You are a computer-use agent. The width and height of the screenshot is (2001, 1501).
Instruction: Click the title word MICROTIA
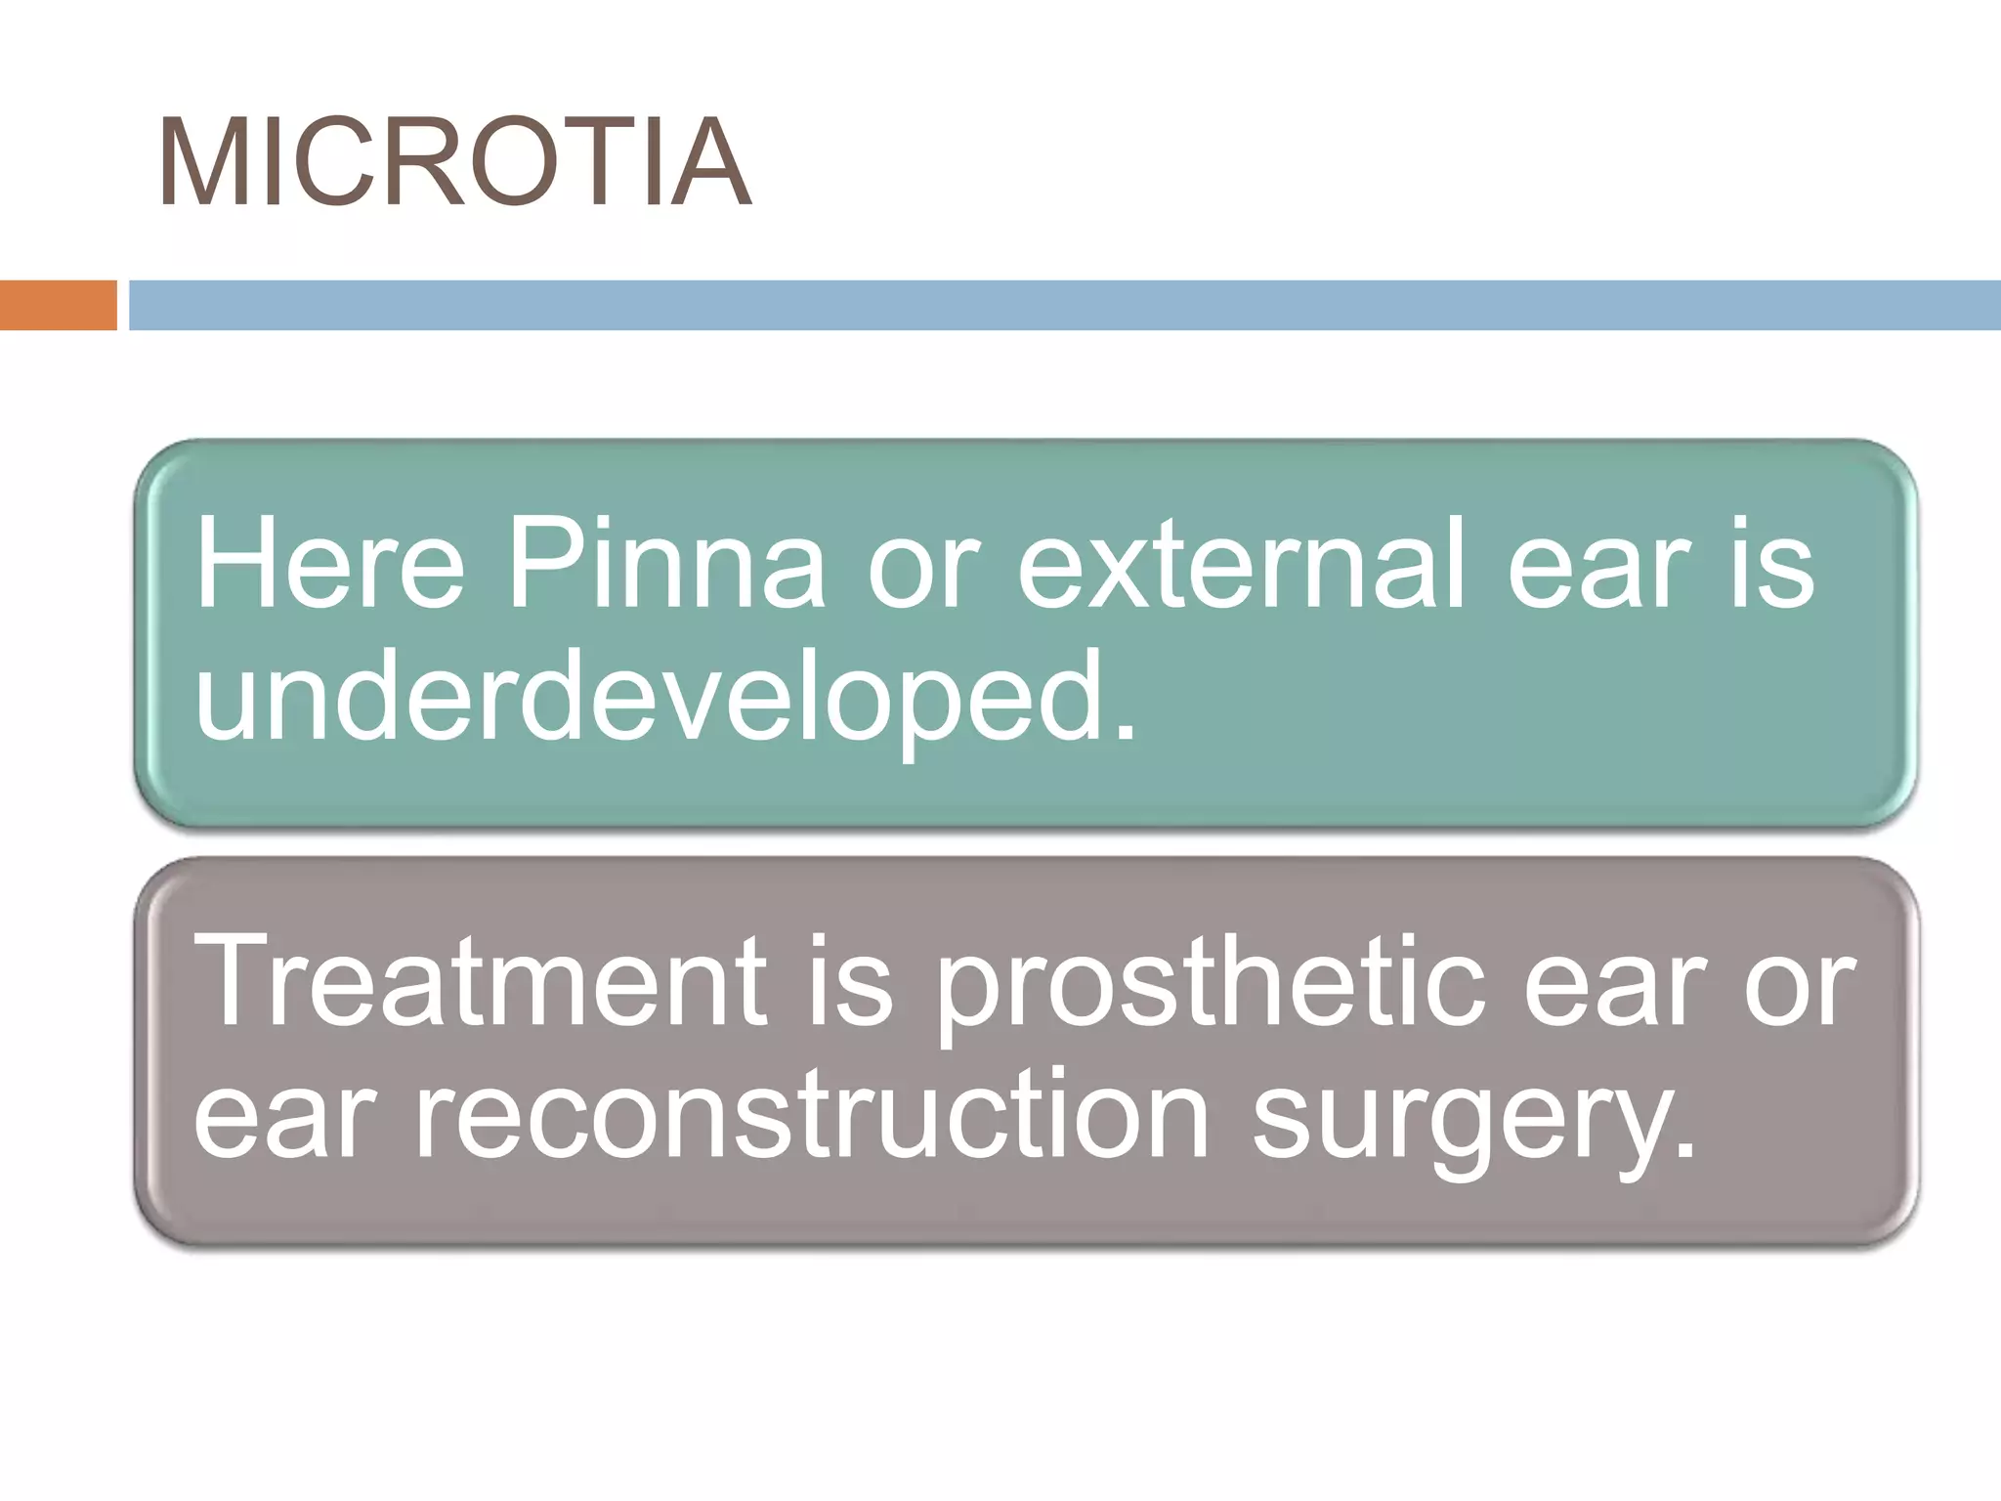click(x=454, y=163)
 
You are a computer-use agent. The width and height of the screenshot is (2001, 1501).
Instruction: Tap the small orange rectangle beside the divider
click(x=58, y=305)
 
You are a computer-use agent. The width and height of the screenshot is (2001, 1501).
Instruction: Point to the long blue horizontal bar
click(x=1064, y=305)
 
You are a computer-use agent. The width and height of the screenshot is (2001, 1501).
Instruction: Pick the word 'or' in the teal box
click(x=922, y=577)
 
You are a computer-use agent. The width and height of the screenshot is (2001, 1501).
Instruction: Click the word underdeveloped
click(x=651, y=696)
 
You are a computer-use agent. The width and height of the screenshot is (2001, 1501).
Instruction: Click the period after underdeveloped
click(x=1125, y=728)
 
